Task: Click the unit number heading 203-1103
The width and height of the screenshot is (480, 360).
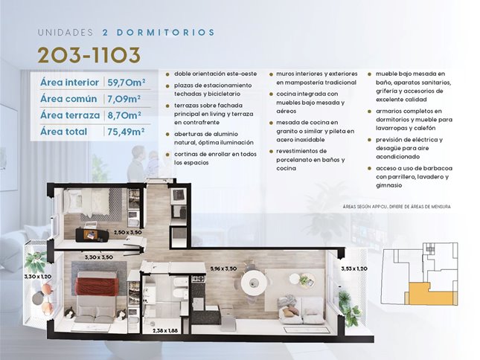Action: pos(89,55)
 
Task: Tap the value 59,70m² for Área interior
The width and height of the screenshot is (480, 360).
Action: pos(127,83)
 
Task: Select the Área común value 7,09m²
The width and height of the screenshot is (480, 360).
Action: pos(124,99)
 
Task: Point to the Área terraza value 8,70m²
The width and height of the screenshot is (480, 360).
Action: pos(124,115)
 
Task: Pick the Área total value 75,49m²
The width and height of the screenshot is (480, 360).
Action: pos(126,132)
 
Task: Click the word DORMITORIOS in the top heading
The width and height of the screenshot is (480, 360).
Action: pos(166,33)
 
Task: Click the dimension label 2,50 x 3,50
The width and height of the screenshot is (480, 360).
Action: pos(128,233)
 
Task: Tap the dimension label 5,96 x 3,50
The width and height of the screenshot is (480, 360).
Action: pos(223,269)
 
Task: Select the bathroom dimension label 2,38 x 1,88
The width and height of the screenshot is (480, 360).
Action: pos(165,331)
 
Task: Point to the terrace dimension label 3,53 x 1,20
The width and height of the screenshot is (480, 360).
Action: pos(354,269)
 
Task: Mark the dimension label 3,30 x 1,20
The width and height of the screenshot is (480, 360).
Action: pos(38,277)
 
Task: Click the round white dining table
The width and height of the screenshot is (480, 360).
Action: pos(254,282)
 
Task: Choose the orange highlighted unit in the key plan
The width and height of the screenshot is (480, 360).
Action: pos(431,295)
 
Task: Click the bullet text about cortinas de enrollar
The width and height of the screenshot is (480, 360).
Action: pos(215,158)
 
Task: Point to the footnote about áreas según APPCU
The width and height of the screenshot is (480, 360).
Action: pos(397,207)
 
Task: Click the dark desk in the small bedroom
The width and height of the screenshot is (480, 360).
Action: pos(92,234)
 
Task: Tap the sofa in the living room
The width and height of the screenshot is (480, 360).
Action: pos(301,310)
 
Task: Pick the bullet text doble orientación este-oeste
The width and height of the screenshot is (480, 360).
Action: pos(216,74)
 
